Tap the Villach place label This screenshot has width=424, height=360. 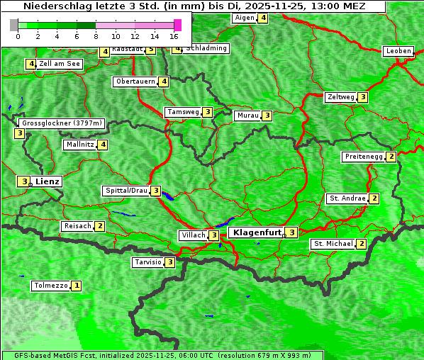click(x=193, y=235)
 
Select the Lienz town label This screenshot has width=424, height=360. click(x=48, y=181)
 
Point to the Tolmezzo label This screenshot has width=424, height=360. click(x=50, y=286)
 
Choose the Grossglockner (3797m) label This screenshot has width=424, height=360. click(x=62, y=123)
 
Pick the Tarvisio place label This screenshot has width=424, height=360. click(x=148, y=262)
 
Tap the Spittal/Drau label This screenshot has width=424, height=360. click(x=126, y=191)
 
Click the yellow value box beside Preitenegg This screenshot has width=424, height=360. click(x=391, y=157)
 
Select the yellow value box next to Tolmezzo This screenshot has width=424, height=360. click(x=77, y=286)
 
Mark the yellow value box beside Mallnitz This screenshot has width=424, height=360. click(x=103, y=145)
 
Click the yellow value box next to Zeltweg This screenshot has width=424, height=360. click(x=363, y=97)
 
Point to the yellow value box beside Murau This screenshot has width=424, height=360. click(x=267, y=116)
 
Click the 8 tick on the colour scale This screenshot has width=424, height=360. click(x=96, y=36)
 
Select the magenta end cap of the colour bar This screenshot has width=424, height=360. click(x=177, y=25)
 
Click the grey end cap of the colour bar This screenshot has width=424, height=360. click(x=13, y=25)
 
